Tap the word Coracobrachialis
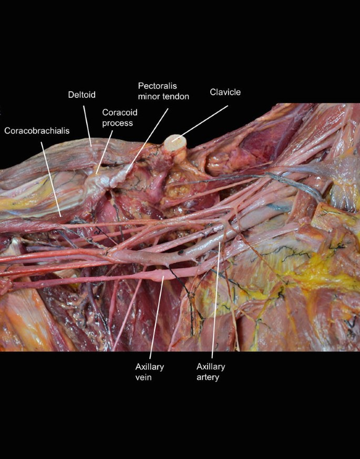[x=37, y=130]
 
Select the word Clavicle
[x=225, y=92]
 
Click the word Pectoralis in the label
[x=156, y=85]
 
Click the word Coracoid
[x=119, y=113]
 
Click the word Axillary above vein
[x=150, y=366]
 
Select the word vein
[x=143, y=377]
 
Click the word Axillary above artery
[x=211, y=366]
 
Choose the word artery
[x=208, y=377]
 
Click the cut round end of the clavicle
[x=175, y=141]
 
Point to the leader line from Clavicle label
[x=205, y=120]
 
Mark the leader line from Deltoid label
[x=87, y=124]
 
